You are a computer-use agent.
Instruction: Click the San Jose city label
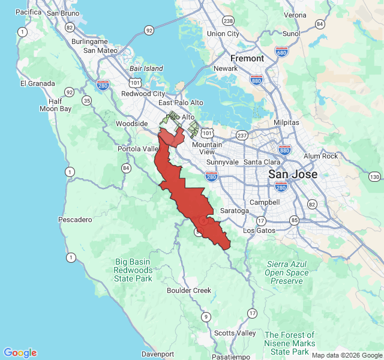click(x=292, y=174)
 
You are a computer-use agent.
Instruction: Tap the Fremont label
click(x=247, y=58)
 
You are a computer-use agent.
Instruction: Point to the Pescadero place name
click(x=75, y=220)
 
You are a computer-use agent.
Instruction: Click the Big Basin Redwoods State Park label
click(x=134, y=270)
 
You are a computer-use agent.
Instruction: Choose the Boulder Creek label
click(x=189, y=290)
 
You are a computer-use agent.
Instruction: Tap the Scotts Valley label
click(x=235, y=333)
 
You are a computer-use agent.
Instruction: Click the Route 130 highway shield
click(x=374, y=176)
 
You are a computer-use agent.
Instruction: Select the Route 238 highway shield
click(x=228, y=20)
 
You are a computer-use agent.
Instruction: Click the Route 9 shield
click(x=206, y=317)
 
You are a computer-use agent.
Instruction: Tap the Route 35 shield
click(x=87, y=100)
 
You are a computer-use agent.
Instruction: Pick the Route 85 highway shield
click(x=294, y=220)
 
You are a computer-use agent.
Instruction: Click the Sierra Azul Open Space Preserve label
click(x=287, y=272)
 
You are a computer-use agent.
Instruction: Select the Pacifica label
click(x=28, y=12)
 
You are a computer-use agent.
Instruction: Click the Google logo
click(x=20, y=353)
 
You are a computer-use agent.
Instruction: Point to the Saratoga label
click(x=234, y=211)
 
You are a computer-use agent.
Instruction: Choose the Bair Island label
click(x=146, y=68)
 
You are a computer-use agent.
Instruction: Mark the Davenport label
click(x=158, y=354)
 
